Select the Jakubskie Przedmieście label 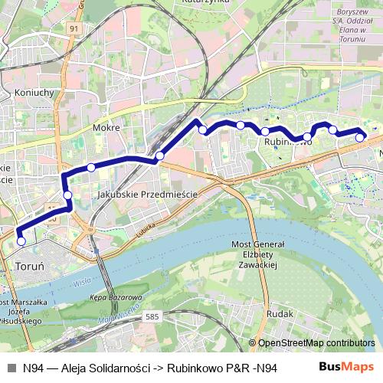coord(147,195)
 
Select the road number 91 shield coord(74,28)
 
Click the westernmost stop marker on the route coord(21,241)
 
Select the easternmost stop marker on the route coord(360,138)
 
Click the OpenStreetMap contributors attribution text coord(316,343)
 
